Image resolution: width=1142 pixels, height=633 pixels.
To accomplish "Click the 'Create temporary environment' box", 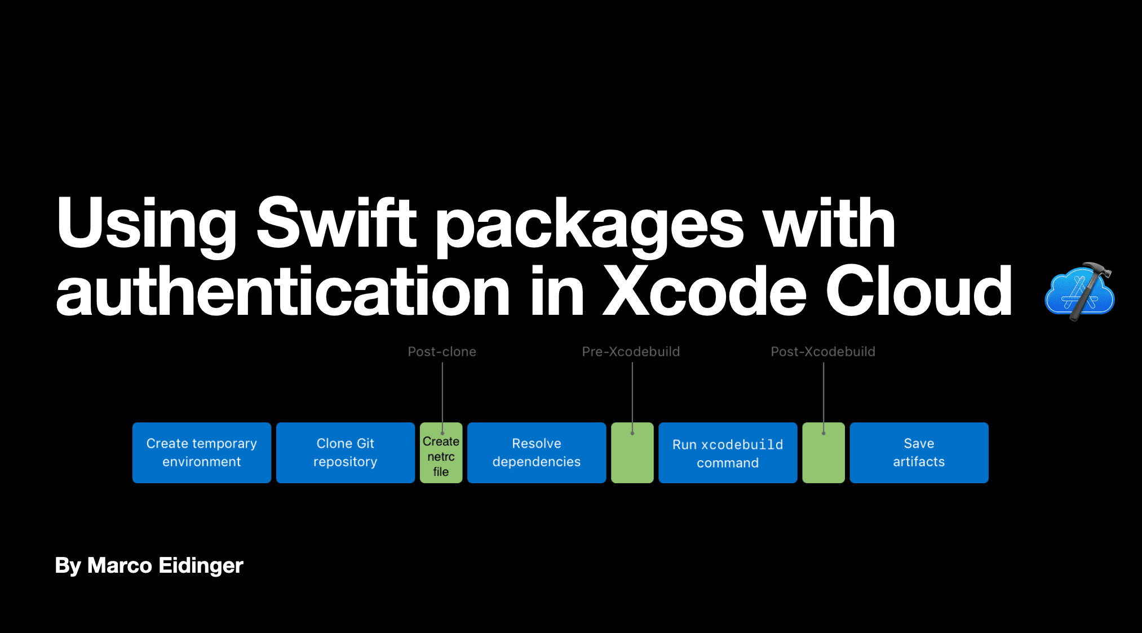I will click(202, 453).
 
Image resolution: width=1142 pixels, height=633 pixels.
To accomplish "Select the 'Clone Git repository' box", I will click(346, 453).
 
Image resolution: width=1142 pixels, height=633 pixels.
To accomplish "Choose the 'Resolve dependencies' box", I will click(537, 453).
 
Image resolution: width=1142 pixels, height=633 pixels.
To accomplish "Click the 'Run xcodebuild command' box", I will click(728, 453).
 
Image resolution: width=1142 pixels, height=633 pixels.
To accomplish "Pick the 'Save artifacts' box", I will click(919, 453).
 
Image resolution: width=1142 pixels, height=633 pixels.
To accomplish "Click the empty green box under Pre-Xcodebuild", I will click(632, 457).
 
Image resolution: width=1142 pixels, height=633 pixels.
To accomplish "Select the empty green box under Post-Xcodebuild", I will click(824, 457).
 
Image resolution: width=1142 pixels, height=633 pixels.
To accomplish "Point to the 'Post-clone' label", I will click(442, 352).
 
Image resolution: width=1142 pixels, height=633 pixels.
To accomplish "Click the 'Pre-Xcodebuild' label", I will click(631, 352).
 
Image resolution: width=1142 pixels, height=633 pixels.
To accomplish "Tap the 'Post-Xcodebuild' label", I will click(823, 352).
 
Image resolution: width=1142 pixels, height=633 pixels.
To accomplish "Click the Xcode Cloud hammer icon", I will click(1079, 292).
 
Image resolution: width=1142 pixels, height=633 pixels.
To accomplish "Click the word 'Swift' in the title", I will click(337, 222).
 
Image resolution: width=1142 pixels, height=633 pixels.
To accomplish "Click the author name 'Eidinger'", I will click(201, 565).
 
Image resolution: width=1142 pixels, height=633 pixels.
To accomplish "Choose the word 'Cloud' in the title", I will click(919, 292).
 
